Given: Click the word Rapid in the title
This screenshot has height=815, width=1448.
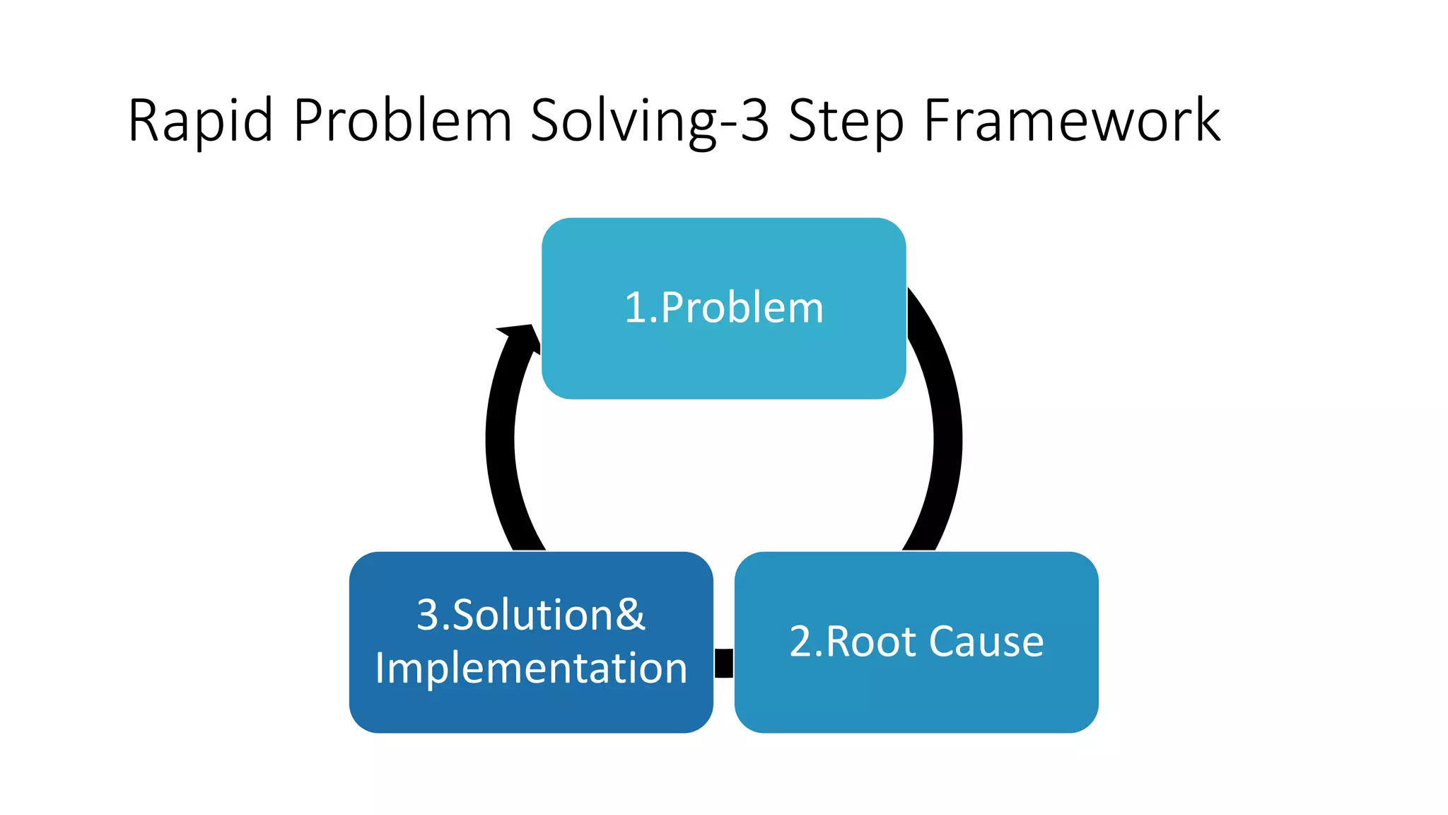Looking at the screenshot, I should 200,121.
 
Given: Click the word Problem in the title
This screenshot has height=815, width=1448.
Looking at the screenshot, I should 402,121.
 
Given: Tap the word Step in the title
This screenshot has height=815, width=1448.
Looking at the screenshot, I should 846,121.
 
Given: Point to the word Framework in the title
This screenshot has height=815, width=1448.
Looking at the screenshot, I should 1072,121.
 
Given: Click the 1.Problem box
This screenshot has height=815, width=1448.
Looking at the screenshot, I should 723,354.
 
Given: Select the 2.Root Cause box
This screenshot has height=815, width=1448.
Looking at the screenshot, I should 916,693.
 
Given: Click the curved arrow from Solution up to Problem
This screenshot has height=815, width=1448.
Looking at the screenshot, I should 501,453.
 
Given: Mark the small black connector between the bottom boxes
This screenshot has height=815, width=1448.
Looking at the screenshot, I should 723,663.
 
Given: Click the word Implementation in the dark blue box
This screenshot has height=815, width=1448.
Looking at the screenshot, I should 531,668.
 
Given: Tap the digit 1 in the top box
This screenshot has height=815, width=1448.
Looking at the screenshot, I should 635,308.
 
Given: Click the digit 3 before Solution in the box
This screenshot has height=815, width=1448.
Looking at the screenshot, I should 428,614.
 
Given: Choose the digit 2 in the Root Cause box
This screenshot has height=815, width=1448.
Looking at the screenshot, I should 801,642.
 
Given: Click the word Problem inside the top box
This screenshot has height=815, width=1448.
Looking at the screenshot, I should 742,308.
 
